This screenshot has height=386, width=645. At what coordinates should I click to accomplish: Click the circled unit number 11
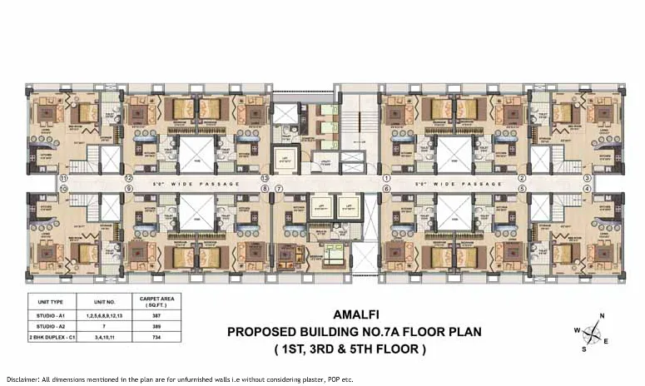pyautogui.click(x=62, y=178)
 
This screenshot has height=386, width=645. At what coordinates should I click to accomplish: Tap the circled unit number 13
pyautogui.click(x=265, y=178)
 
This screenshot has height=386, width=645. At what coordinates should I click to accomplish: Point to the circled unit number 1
pyautogui.click(x=386, y=178)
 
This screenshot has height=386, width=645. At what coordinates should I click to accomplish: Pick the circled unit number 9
pyautogui.click(x=129, y=189)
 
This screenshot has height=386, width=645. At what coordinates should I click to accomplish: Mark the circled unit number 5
pyautogui.click(x=522, y=189)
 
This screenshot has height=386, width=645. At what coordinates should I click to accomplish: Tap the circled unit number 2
pyautogui.click(x=522, y=178)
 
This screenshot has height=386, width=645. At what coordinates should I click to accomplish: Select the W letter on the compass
pyautogui.click(x=576, y=329)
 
